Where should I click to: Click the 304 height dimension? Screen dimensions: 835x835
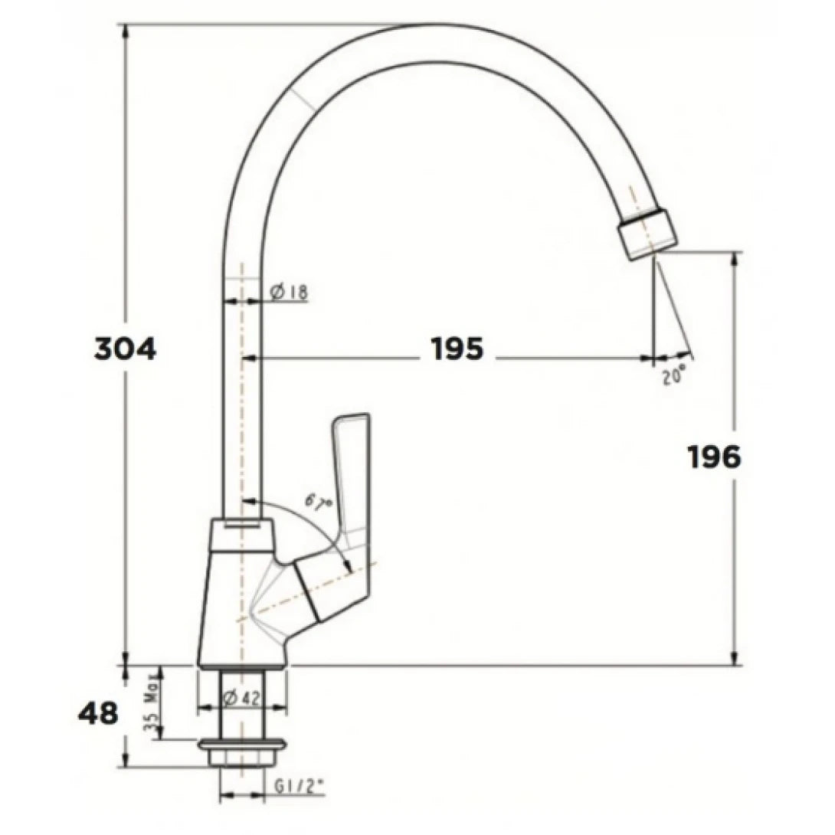pos(125,349)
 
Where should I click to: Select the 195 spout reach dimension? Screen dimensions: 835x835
pos(457,349)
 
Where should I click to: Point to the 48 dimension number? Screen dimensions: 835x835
pos(98,714)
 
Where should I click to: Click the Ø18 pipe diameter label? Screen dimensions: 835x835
pos(289,291)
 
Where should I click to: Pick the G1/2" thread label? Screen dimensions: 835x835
pos(298,784)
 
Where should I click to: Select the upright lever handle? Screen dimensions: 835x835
pos(350,475)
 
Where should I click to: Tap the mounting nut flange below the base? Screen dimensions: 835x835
pos(242,744)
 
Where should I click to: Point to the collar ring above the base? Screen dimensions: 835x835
pos(241,534)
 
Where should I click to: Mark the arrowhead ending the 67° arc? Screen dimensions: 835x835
pos(348,566)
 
